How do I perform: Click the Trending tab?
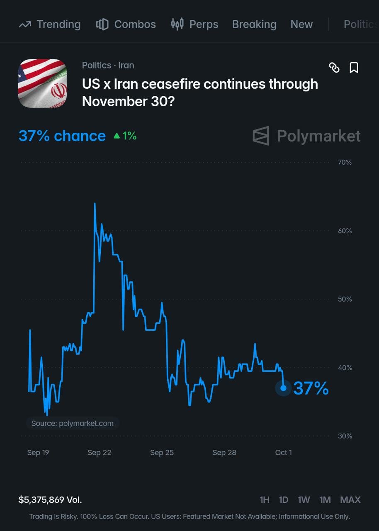pyautogui.click(x=50, y=24)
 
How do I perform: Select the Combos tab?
pyautogui.click(x=126, y=24)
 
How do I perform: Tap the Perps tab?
pyautogui.click(x=194, y=24)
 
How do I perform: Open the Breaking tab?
pyautogui.click(x=254, y=24)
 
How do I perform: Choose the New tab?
pyautogui.click(x=301, y=24)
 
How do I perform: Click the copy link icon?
pyautogui.click(x=334, y=68)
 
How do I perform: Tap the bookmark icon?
pyautogui.click(x=354, y=68)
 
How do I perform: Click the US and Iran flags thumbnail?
pyautogui.click(x=42, y=83)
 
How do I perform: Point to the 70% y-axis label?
pyautogui.click(x=345, y=162)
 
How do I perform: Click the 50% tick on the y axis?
pyautogui.click(x=345, y=299)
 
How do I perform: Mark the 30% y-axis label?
pyautogui.click(x=345, y=436)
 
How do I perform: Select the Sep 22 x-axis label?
pyautogui.click(x=99, y=453)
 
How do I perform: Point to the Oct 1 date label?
pyautogui.click(x=283, y=453)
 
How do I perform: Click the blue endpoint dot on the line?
pyautogui.click(x=283, y=388)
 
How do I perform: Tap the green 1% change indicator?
pyautogui.click(x=125, y=136)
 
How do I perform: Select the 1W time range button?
pyautogui.click(x=304, y=500)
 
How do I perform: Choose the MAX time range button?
pyautogui.click(x=350, y=500)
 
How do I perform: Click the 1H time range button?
pyautogui.click(x=265, y=500)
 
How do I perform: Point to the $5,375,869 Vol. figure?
pyautogui.click(x=50, y=500)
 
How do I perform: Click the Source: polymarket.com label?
pyautogui.click(x=73, y=424)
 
